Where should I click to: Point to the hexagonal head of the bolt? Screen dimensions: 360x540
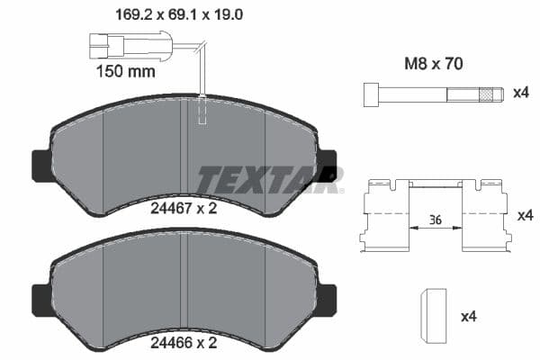tap(370, 94)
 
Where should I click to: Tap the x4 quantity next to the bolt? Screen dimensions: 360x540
tap(519, 94)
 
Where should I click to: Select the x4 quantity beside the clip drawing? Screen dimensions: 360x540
tap(526, 216)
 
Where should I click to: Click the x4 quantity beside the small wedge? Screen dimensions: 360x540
tap(469, 317)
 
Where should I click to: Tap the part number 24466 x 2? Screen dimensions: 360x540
tap(184, 342)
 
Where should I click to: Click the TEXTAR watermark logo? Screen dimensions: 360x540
tap(270, 179)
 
